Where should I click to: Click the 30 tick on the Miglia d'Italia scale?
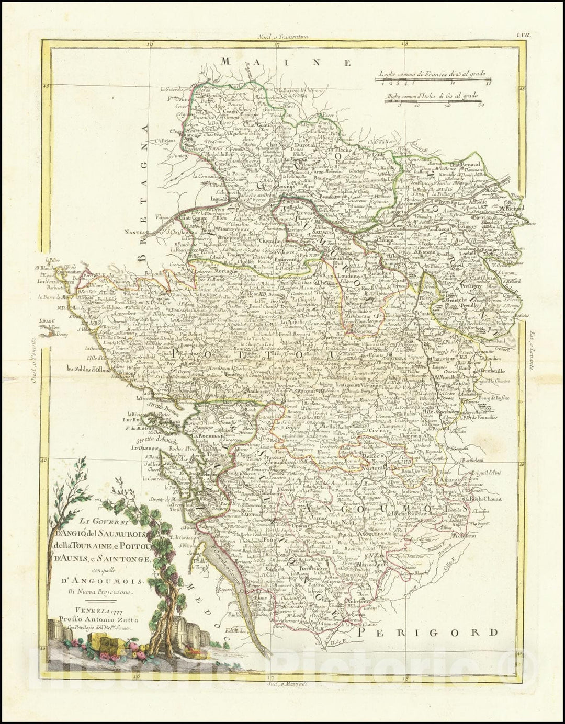point(481,105)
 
